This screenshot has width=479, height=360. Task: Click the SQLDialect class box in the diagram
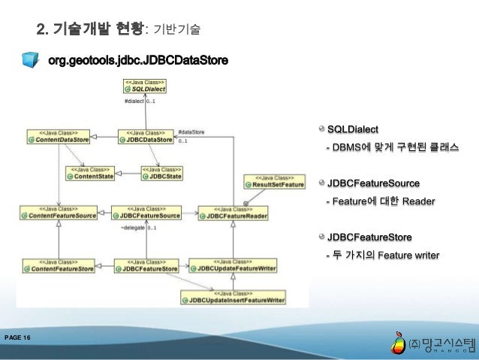[x=141, y=85]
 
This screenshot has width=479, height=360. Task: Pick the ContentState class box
[x=92, y=173]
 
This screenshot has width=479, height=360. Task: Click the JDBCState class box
[x=161, y=173]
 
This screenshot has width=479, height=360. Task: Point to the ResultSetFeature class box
[x=274, y=181]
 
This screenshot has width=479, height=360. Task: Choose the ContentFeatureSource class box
[x=59, y=213]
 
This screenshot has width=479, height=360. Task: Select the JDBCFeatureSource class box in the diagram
[x=146, y=213]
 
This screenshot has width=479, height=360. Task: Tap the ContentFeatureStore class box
[x=58, y=265]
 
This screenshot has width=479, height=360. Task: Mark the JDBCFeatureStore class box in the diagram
[x=146, y=265]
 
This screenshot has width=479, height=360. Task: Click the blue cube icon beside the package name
[x=31, y=59]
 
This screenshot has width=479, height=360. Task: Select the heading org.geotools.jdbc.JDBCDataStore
[x=138, y=59]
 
